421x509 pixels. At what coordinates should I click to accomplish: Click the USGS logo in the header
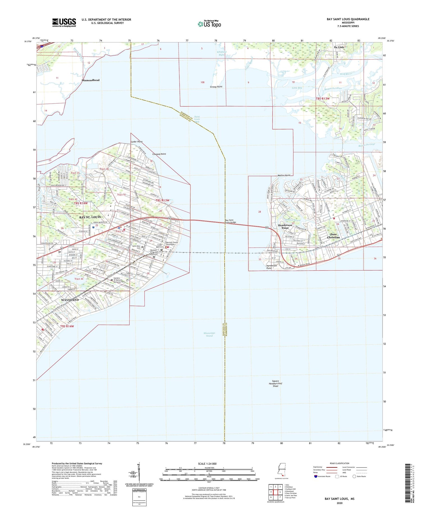click(x=64, y=22)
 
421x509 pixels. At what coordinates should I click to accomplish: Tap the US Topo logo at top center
click(x=209, y=24)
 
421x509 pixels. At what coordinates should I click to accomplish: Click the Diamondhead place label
click(x=90, y=80)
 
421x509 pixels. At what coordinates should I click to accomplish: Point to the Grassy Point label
click(x=216, y=87)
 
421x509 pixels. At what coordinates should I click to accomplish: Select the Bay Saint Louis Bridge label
click(x=230, y=221)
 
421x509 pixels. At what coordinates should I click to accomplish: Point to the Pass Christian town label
click(x=333, y=236)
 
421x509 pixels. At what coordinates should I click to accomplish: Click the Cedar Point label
click(x=136, y=142)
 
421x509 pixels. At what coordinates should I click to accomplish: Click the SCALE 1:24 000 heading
click(x=207, y=464)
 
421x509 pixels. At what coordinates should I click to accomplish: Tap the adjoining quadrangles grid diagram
click(x=275, y=492)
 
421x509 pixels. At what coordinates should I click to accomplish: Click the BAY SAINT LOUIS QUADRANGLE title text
click(x=348, y=19)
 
